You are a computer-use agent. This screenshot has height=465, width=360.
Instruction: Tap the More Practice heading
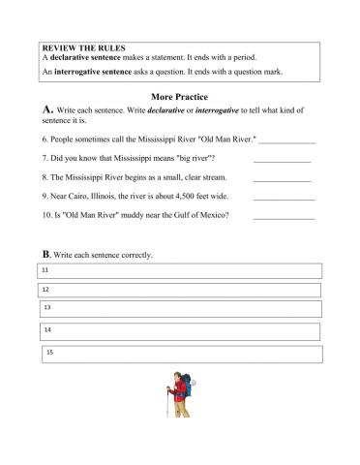point(181,97)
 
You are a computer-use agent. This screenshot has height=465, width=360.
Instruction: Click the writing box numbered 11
point(180,272)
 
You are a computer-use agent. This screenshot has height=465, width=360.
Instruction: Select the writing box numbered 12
point(180,290)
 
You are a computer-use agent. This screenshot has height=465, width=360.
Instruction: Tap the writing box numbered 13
point(180,308)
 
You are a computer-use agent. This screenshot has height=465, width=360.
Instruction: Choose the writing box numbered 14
point(180,331)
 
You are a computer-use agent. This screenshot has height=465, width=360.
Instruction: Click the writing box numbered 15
point(180,355)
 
